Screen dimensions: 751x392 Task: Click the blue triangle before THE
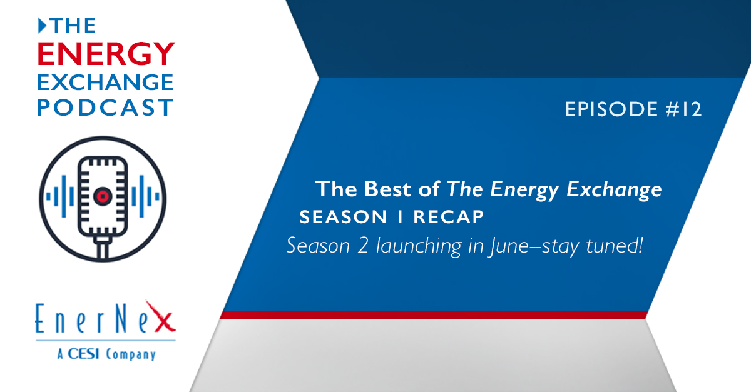click(42, 26)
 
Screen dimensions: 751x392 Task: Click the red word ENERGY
click(106, 54)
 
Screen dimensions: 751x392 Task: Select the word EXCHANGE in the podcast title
click(105, 83)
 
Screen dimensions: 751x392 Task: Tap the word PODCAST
click(105, 108)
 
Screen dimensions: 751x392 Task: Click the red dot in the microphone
click(103, 196)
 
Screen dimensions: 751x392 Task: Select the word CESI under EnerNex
click(83, 354)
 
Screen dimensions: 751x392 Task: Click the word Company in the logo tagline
click(131, 355)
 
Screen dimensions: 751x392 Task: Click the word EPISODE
click(611, 109)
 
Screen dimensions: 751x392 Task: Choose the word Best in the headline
click(387, 189)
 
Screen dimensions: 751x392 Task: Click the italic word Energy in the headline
click(524, 191)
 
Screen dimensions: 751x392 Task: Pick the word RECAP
click(449, 217)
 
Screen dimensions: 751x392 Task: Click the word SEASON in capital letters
click(344, 217)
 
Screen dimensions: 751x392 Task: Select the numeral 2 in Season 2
click(363, 246)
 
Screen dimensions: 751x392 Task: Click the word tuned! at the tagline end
click(615, 245)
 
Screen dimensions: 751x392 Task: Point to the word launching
click(419, 247)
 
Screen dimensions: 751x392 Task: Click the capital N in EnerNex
click(121, 318)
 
